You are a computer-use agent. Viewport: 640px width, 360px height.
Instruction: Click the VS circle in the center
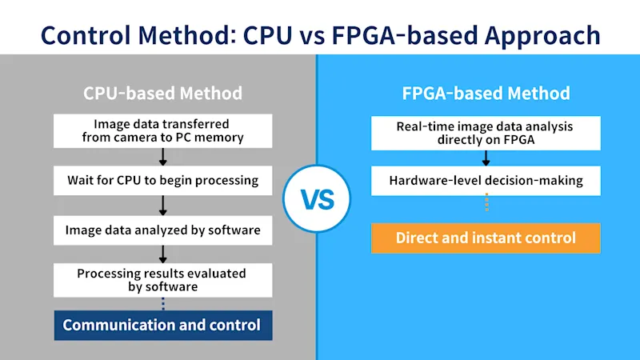coord(317,198)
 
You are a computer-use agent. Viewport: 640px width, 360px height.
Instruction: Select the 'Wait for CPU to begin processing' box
coord(163,181)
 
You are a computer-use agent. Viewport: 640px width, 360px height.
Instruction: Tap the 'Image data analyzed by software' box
coord(163,230)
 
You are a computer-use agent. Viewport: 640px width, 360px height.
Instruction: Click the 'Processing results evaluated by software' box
coord(163,280)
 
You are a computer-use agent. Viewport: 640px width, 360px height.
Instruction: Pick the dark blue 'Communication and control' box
coord(163,326)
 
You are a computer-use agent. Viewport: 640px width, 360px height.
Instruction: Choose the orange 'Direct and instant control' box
coord(486,238)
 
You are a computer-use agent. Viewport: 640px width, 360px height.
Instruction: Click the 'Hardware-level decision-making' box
coord(486,181)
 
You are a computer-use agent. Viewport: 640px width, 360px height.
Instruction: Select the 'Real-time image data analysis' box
coord(486,133)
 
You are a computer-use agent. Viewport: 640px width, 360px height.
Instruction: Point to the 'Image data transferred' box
coord(163,130)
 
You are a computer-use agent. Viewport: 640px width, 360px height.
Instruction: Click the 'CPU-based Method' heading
coord(163,93)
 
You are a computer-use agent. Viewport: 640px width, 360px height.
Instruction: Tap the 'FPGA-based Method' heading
coord(486,93)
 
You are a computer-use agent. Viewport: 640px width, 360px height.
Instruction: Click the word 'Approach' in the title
coord(542,36)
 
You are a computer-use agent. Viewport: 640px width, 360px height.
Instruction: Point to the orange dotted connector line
coord(486,202)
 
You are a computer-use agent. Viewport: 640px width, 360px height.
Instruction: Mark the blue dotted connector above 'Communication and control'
coord(163,304)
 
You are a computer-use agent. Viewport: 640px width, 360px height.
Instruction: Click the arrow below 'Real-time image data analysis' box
coord(486,158)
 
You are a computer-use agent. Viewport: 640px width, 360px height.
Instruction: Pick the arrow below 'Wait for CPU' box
coord(163,206)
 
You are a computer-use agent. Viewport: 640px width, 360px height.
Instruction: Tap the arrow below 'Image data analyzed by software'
coord(163,254)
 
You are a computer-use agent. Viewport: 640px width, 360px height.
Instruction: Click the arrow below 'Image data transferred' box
coord(163,157)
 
